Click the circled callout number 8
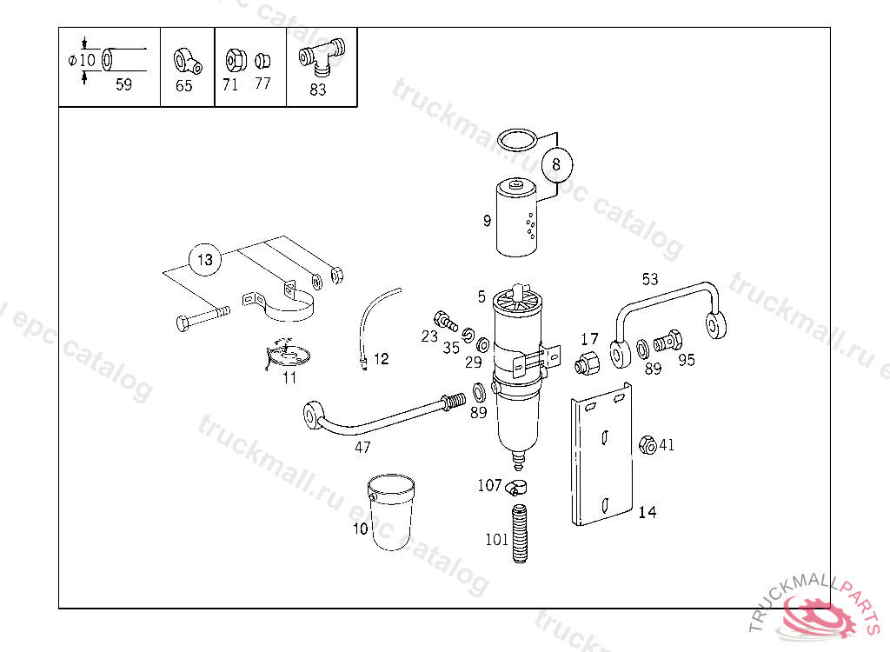click(556, 164)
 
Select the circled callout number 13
click(205, 260)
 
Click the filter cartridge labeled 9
click(516, 218)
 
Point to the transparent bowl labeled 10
click(391, 512)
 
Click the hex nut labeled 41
click(648, 445)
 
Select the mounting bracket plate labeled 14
click(601, 455)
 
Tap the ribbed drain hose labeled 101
click(520, 533)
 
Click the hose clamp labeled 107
click(516, 487)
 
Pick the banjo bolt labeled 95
click(667, 342)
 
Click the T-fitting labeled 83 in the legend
click(322, 57)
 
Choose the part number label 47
click(362, 448)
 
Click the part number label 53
click(650, 279)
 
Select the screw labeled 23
click(446, 321)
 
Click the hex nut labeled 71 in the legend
click(236, 60)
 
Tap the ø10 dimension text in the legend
click(82, 60)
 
